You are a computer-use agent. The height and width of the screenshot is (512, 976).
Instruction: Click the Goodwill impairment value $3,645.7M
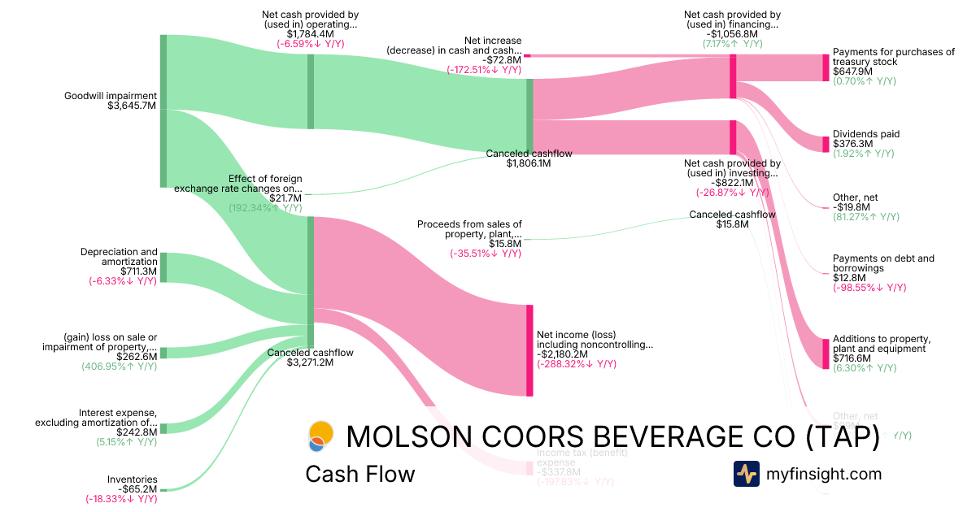(132, 106)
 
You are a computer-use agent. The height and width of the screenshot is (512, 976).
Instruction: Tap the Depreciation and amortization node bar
(163, 267)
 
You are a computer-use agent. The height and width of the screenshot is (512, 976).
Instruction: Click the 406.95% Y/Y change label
(120, 367)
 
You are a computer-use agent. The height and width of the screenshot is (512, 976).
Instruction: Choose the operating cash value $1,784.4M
(310, 34)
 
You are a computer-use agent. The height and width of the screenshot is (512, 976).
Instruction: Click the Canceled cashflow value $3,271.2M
(310, 362)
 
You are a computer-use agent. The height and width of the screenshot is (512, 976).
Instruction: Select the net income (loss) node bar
(529, 350)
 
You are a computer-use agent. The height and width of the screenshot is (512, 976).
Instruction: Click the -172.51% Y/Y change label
(484, 70)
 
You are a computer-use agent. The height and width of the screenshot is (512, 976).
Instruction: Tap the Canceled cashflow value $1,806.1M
(529, 163)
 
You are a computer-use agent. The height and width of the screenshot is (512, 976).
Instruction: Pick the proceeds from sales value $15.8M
(504, 243)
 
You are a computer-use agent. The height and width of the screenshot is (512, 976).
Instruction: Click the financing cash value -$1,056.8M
(733, 34)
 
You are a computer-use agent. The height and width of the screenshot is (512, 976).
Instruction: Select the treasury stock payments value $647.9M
(852, 72)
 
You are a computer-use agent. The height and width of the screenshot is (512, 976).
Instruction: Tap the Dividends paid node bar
(826, 140)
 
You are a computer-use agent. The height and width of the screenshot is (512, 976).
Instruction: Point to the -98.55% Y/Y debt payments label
(869, 288)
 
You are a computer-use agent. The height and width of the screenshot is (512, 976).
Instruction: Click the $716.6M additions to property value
(852, 358)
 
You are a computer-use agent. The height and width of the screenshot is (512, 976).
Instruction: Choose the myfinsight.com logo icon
(746, 474)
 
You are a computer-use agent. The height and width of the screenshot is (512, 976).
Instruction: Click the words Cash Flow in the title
(359, 474)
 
